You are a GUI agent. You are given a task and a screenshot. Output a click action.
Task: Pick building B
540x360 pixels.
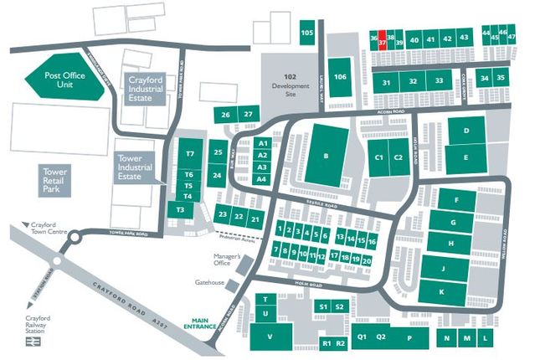click(x=326, y=156)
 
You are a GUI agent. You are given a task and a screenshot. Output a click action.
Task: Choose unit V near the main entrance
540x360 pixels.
click(x=270, y=337)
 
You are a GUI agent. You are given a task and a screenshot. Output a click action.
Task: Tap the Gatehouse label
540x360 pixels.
click(x=210, y=282)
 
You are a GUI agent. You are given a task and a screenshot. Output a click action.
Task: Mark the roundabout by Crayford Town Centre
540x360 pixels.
click(x=73, y=237)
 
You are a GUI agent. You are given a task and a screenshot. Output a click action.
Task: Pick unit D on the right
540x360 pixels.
click(x=465, y=131)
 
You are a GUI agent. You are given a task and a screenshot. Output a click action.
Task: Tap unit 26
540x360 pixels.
click(x=225, y=114)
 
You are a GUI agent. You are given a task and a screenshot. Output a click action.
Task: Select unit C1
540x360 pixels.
click(x=379, y=157)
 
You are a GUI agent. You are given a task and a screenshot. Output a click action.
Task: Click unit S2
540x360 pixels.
click(x=340, y=307)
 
